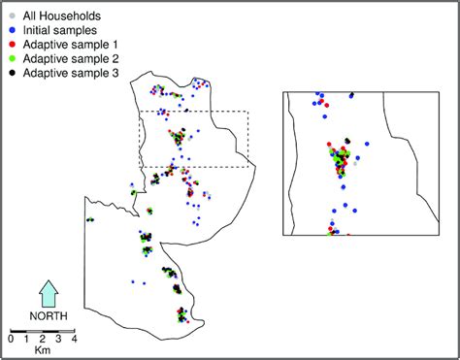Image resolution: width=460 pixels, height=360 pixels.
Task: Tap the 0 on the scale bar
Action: (x=11, y=339)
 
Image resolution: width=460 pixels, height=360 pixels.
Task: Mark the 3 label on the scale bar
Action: (x=58, y=339)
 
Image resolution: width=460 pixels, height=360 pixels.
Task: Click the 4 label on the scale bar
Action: (x=74, y=339)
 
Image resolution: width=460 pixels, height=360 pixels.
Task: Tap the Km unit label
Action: (x=42, y=350)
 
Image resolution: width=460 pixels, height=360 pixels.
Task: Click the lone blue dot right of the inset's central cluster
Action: (x=368, y=143)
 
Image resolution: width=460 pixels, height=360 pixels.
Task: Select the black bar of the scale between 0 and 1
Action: (x=18, y=330)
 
